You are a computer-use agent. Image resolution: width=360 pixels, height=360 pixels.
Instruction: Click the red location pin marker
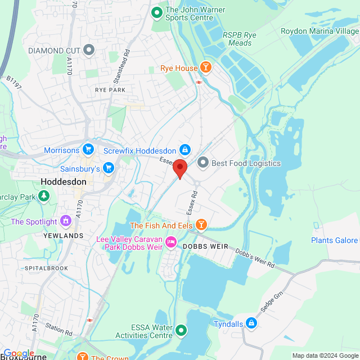179,168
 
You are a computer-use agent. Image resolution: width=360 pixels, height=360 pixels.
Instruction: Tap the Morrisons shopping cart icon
88,150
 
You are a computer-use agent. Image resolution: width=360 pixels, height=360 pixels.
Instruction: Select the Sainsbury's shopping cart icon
109,168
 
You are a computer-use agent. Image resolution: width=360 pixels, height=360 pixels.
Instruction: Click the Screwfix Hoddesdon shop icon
184,150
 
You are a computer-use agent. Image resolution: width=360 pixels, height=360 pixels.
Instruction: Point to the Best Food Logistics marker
202,163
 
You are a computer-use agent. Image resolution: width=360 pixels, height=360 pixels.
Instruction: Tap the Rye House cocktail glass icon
206,68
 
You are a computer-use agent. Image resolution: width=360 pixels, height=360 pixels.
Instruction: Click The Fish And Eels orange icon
201,226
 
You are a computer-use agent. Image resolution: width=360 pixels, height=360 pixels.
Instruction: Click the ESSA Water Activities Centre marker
181,330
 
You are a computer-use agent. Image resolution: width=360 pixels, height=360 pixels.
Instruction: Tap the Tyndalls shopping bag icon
251,323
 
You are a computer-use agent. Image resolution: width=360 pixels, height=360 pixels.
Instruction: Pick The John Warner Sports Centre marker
157,11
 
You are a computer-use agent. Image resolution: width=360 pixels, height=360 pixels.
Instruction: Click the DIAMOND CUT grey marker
89,51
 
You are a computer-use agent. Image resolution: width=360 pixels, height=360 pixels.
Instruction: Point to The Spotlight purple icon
66,221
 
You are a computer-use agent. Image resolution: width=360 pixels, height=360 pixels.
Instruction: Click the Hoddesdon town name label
64,182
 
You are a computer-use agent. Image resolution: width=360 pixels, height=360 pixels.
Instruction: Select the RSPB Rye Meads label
240,39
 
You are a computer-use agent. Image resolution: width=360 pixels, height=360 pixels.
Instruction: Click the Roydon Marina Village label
319,31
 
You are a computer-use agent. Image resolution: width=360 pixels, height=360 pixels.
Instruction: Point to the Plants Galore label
334,241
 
